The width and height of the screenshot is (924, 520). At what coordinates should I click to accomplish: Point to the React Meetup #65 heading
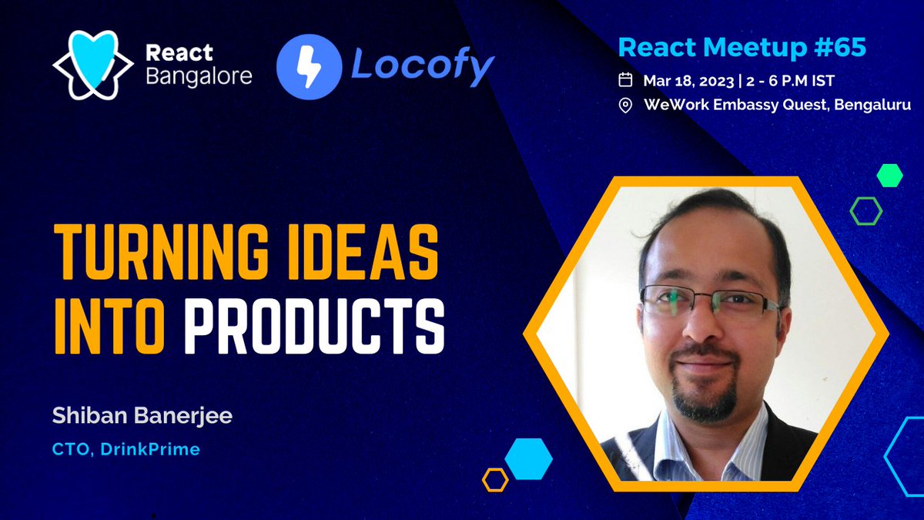742,48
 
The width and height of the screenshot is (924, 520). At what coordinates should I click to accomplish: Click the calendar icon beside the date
626,79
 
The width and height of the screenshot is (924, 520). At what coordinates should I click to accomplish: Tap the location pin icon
626,105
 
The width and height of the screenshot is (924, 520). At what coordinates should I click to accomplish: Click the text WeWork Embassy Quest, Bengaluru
777,105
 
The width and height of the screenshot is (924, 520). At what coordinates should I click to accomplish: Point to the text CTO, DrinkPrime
126,449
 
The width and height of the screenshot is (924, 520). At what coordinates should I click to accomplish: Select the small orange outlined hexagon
495,479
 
